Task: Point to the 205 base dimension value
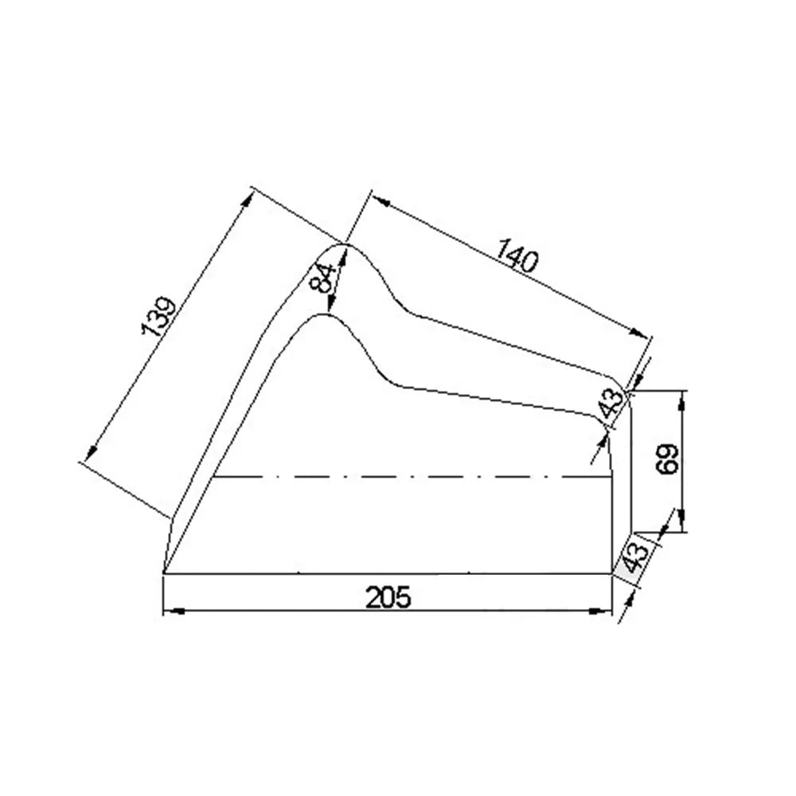pos(388,597)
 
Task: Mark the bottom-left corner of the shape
pos(163,572)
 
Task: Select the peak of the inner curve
pos(324,314)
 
